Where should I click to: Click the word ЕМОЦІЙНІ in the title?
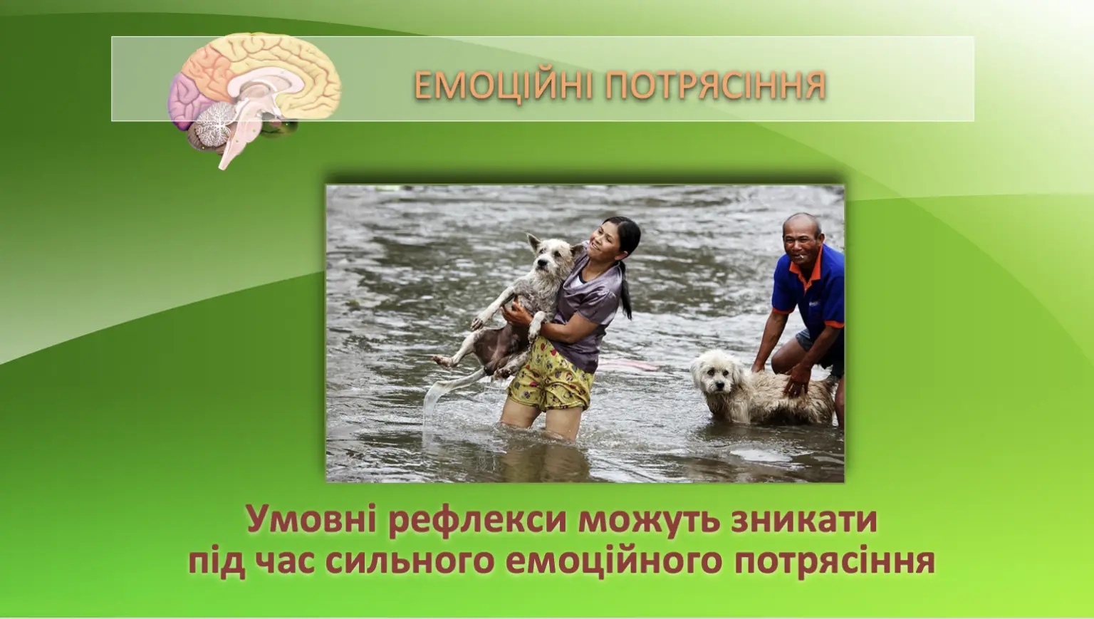click(x=504, y=85)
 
